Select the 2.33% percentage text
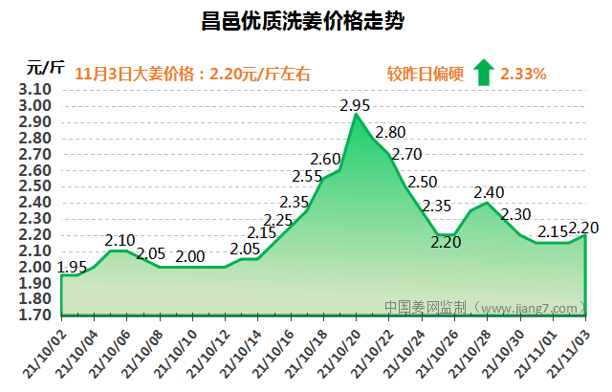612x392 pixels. tap(523, 73)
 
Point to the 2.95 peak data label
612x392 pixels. tap(355, 105)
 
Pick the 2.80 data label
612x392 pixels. tap(391, 133)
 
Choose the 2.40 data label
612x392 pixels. tap(489, 192)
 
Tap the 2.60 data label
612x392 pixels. tap(325, 159)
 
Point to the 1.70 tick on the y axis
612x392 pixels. tap(34, 315)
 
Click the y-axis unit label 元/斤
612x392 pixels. tap(45, 68)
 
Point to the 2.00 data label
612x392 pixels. tap(191, 256)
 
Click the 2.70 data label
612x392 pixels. tap(406, 154)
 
